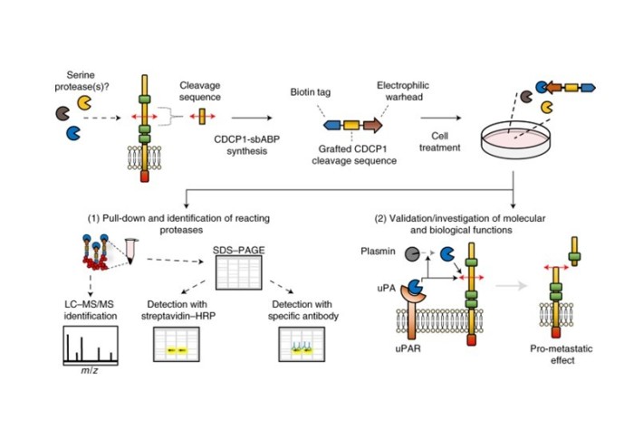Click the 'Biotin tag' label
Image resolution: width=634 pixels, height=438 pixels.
[x=313, y=92]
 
